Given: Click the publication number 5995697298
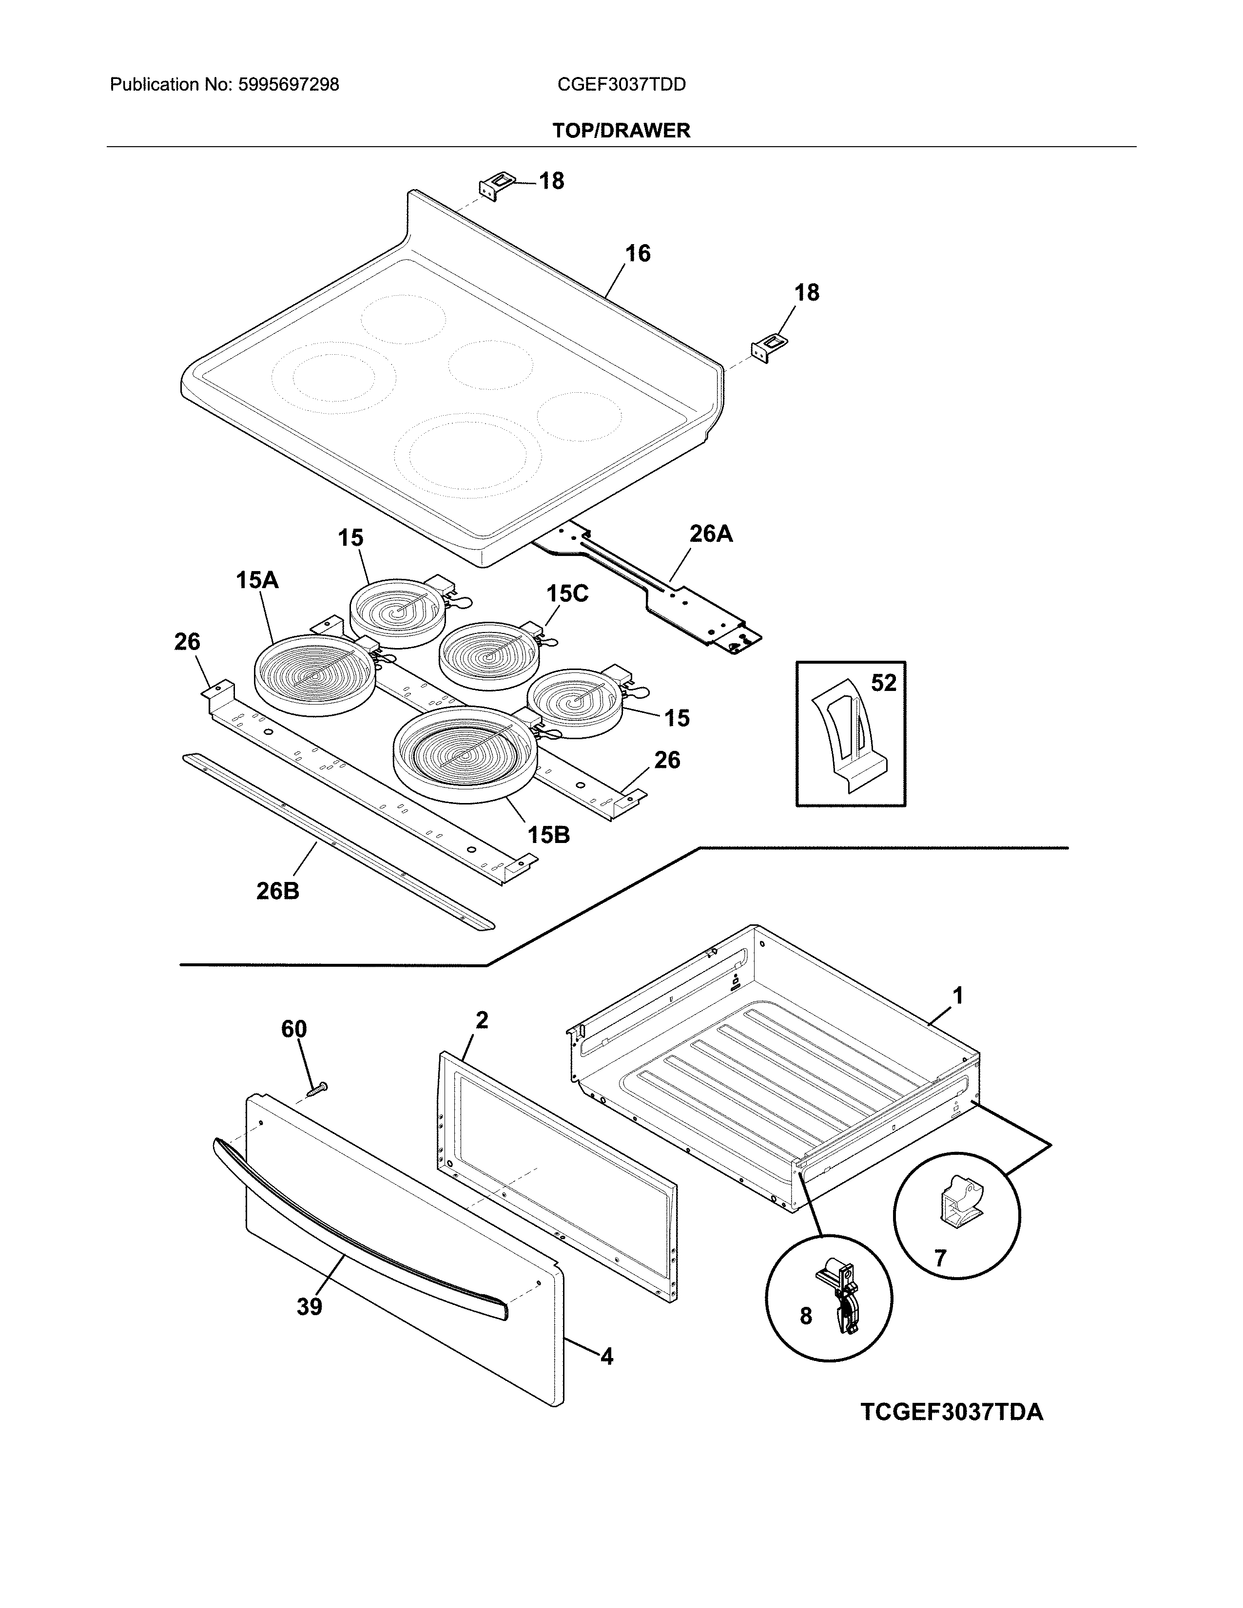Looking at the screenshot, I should [288, 85].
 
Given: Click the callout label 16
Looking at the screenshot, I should [637, 253].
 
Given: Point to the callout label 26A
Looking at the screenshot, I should [711, 533].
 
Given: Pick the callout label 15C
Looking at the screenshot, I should [566, 593].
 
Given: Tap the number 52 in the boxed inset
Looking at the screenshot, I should [884, 683].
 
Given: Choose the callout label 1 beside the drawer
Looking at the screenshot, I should [957, 996].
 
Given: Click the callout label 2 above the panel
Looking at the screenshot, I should [482, 1020].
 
